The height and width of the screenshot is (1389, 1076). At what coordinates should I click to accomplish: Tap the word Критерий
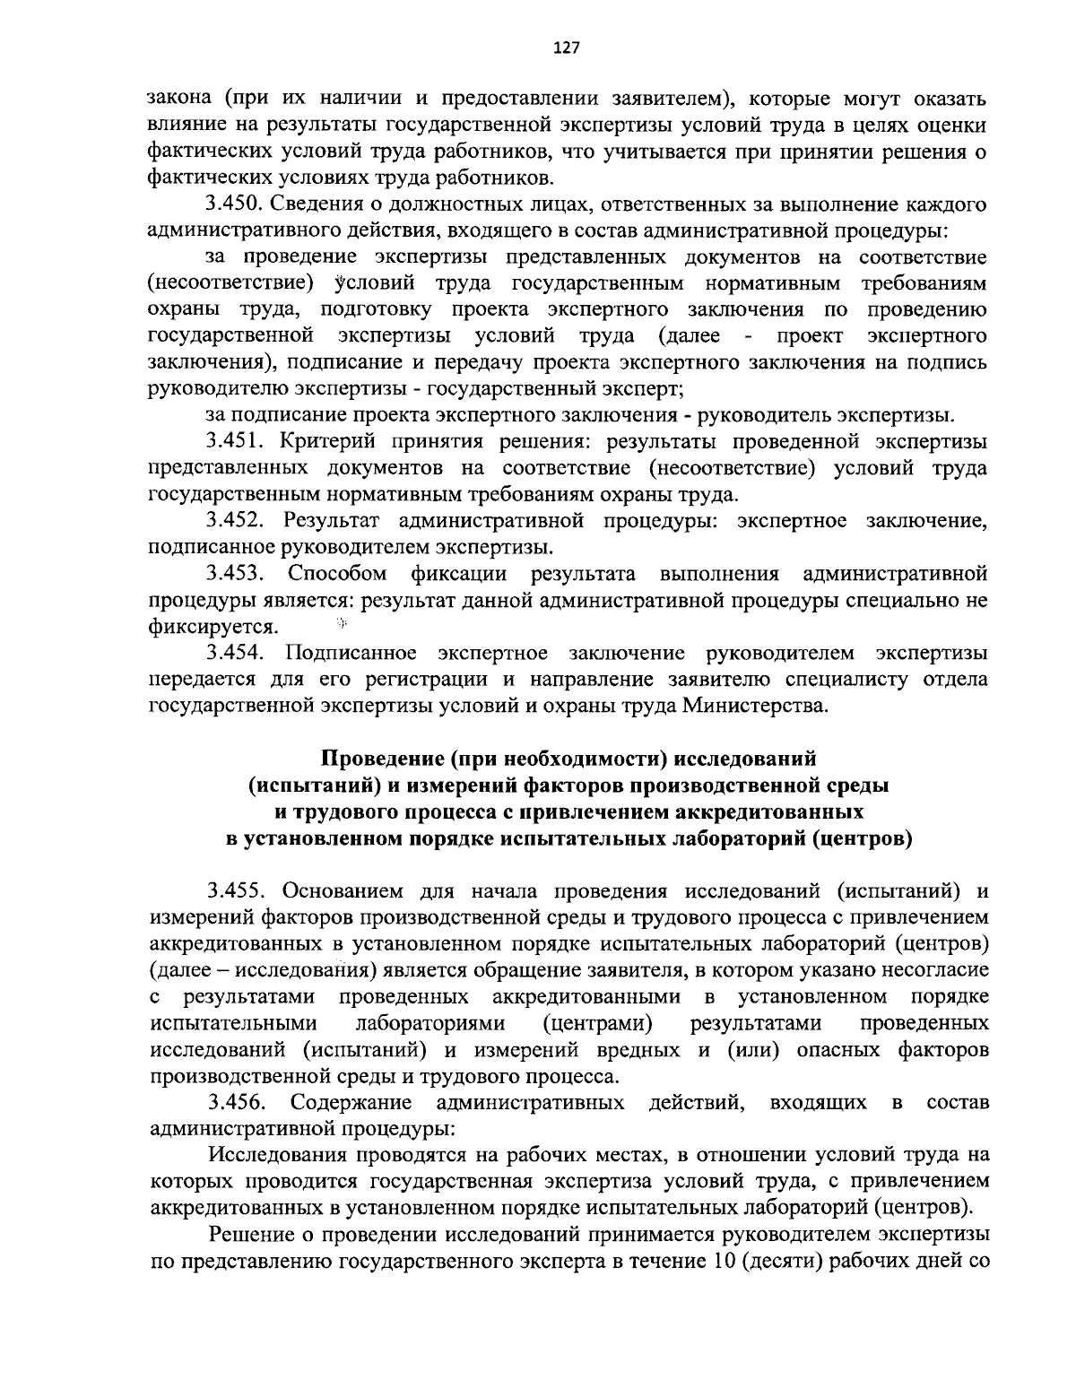[x=324, y=441]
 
